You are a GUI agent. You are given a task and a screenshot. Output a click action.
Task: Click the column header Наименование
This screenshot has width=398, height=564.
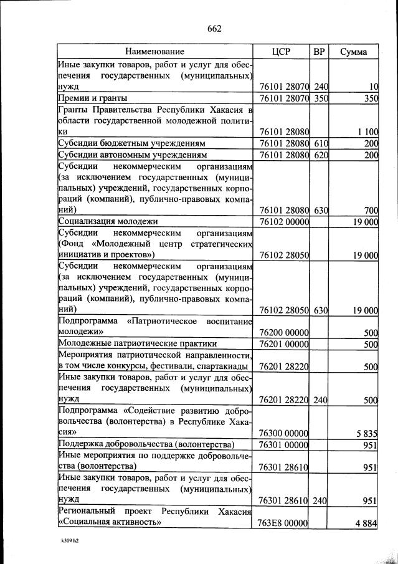point(155,52)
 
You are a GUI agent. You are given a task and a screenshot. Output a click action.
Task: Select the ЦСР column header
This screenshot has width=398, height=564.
point(282,52)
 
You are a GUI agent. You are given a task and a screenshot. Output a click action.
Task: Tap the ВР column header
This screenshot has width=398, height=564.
point(320,52)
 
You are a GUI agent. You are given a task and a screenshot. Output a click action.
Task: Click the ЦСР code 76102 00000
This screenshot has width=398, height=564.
point(283,221)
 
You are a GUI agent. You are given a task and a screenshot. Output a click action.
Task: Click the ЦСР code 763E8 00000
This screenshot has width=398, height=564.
point(283,524)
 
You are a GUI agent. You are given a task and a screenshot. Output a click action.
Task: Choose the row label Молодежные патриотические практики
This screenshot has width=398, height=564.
point(137,343)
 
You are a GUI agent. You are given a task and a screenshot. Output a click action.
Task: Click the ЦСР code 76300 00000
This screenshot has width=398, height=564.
point(283,433)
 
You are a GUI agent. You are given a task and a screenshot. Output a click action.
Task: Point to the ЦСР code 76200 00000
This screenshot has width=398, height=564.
point(283,332)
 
